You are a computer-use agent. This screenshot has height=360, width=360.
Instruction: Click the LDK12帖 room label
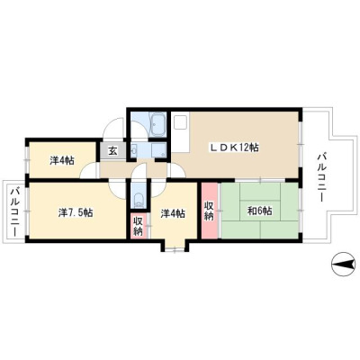(x=234, y=147)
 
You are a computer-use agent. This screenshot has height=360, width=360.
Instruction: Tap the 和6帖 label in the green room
(x=259, y=211)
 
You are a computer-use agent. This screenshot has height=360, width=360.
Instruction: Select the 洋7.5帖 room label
(x=75, y=212)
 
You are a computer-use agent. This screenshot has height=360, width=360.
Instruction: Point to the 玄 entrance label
(x=112, y=151)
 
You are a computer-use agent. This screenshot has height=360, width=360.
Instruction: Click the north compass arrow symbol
(x=343, y=265)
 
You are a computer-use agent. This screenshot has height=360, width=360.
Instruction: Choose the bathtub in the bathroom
(x=157, y=124)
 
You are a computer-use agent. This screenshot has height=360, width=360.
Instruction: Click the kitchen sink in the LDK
(x=181, y=121)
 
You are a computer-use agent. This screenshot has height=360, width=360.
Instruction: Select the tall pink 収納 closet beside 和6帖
(x=209, y=211)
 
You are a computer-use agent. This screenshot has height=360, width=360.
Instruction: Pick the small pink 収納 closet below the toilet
(x=139, y=226)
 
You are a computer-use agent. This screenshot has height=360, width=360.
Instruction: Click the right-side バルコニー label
(x=321, y=177)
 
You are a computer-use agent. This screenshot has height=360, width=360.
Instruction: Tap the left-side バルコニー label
(x=14, y=211)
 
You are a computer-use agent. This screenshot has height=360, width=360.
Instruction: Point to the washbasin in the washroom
(x=134, y=149)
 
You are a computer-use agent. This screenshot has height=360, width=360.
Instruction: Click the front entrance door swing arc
(x=112, y=128)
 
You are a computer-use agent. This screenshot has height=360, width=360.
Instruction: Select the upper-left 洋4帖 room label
(x=62, y=161)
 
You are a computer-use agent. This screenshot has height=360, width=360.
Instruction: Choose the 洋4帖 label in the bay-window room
(x=173, y=213)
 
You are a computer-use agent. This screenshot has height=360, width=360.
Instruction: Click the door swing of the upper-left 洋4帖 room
(x=89, y=171)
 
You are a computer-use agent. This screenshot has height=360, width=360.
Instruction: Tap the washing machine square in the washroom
(x=158, y=149)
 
